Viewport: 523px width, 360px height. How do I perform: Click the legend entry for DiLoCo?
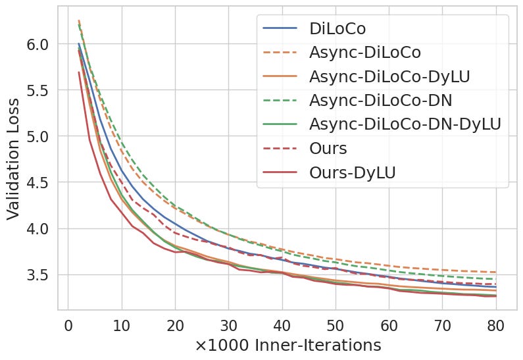tap(337, 29)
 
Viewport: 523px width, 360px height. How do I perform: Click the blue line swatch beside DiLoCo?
tap(280, 29)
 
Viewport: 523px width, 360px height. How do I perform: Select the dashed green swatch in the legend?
tap(280, 100)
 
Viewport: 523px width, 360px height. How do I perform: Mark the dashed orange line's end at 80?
tap(495, 272)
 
